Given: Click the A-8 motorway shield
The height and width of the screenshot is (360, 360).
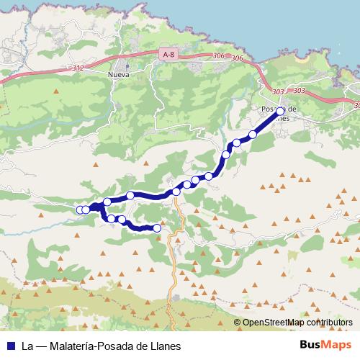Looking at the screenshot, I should pos(168,53).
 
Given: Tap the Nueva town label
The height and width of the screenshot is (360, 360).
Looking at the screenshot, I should pos(117,73).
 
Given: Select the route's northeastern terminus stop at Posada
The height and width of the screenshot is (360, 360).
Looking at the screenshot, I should pos(281,111).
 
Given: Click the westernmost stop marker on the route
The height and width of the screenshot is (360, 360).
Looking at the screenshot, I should pos(80,210).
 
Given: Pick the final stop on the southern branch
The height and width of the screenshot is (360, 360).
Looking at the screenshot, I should pos(158,228).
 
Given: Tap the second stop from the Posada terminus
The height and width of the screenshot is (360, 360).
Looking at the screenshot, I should pos(253,135).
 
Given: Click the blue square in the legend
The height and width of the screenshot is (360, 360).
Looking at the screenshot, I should pos(10,346).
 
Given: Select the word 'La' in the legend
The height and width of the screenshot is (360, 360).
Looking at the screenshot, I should pos(27,346).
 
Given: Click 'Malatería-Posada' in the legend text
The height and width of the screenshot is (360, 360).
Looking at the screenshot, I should pos(89,346).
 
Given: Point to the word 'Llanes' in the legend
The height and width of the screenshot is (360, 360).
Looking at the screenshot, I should pos(166,346).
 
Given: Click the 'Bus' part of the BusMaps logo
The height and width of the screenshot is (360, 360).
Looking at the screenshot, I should pos(311,346).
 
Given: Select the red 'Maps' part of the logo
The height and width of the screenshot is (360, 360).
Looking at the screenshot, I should pos(338,346).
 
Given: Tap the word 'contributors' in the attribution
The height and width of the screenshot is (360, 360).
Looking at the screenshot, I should pos(331,323).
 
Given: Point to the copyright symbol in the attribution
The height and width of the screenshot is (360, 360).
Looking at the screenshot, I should pos(237,323).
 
